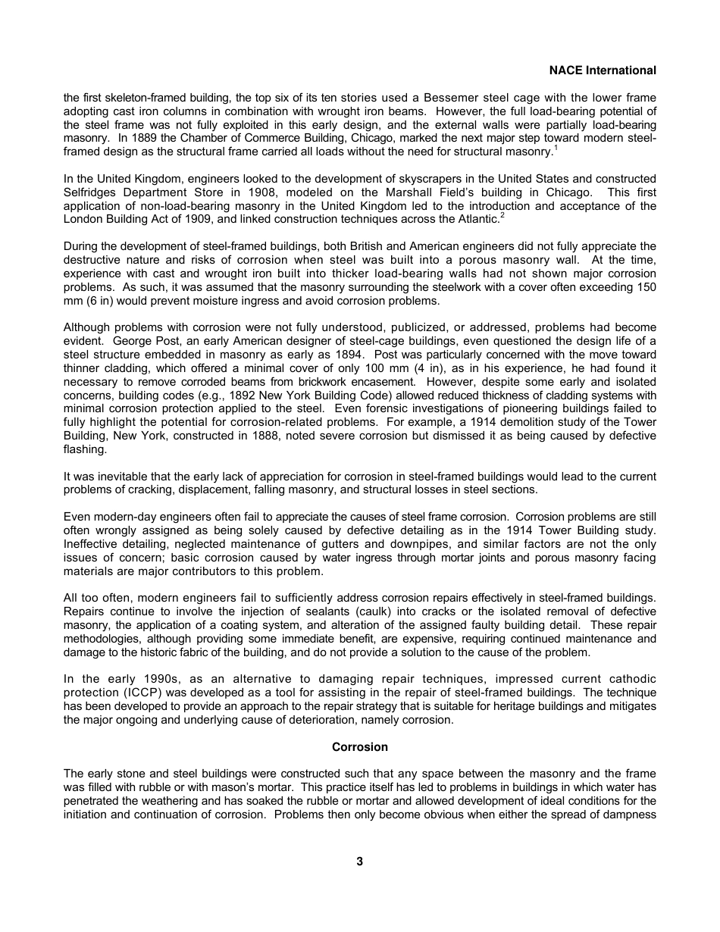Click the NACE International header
click(603, 70)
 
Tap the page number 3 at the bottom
click(360, 862)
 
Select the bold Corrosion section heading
click(360, 747)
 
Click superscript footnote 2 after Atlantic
click(502, 215)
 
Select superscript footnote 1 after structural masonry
click(556, 148)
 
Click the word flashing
click(83, 449)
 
